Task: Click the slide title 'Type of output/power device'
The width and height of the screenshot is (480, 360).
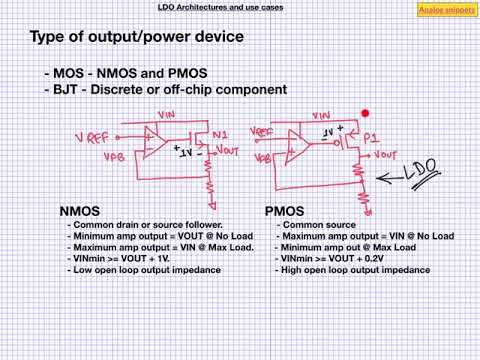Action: [x=136, y=37]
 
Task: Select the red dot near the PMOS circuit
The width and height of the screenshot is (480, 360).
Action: [x=367, y=115]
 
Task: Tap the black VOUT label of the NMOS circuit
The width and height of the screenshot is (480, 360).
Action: [x=226, y=150]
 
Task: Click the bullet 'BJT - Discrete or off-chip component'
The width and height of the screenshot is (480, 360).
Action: [x=166, y=90]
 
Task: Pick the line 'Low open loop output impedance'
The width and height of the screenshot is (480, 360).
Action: [x=145, y=270]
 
